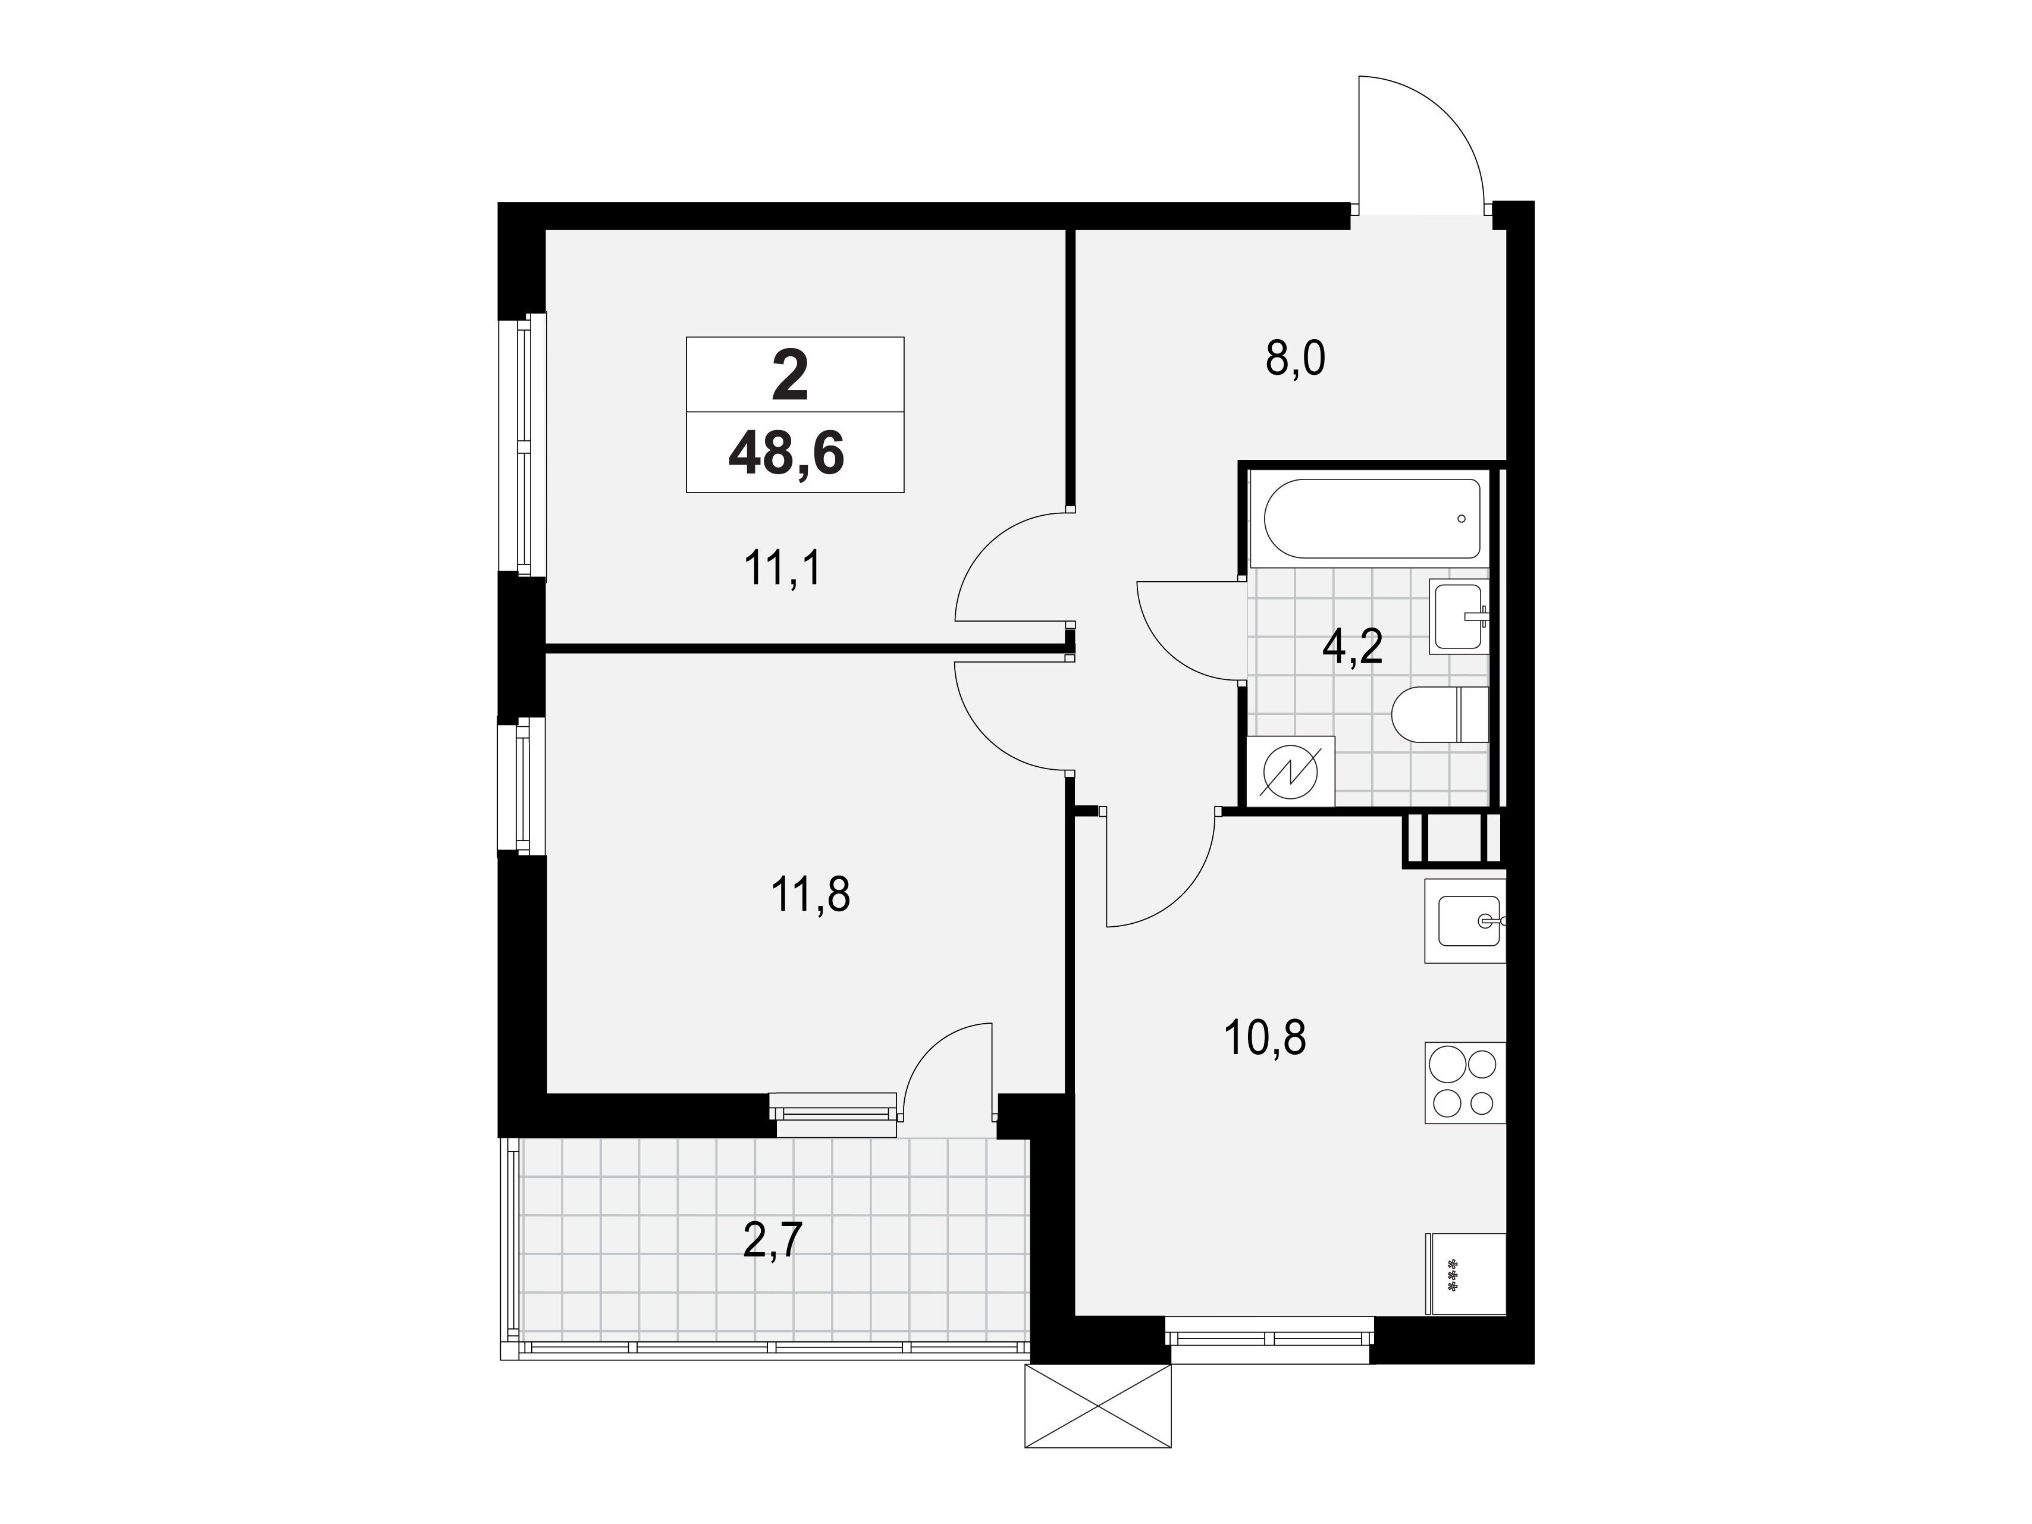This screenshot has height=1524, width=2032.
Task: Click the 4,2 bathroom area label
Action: coord(1352,648)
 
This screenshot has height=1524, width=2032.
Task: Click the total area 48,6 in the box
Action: coord(786,454)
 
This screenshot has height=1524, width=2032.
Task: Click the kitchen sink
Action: coord(1465,920)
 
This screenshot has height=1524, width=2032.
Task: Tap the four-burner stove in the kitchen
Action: coord(1465,1082)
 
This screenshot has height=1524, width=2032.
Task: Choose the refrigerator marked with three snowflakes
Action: coord(1465,1274)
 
